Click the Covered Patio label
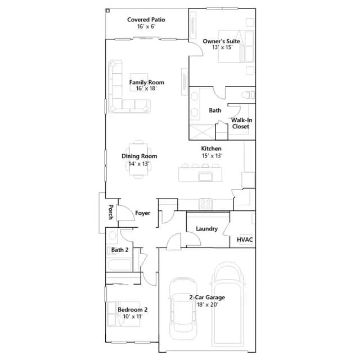(146, 20)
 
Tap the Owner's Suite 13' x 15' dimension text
(222, 47)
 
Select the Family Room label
(147, 82)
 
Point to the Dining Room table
(139, 159)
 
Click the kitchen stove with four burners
(205, 204)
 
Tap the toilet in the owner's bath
(248, 95)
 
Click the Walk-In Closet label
(241, 123)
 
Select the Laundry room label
(206, 229)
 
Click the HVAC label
(245, 240)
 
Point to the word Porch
(111, 212)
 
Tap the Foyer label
(142, 213)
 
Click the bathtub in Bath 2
(119, 265)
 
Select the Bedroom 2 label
(133, 309)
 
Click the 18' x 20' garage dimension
(208, 305)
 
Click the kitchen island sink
(206, 177)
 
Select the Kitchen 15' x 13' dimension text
(212, 156)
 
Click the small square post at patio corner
(107, 11)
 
